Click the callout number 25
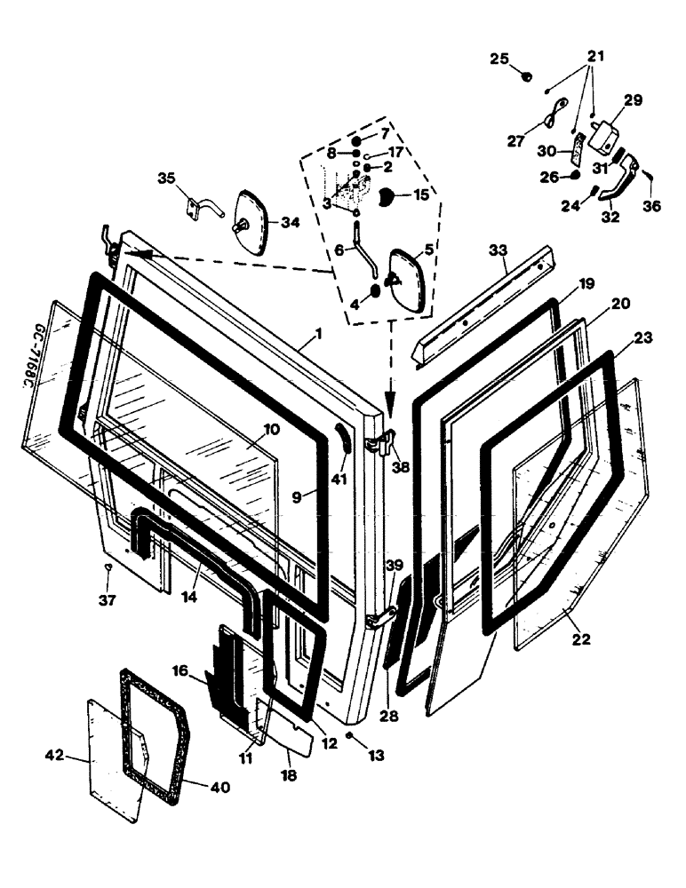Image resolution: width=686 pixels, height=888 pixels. (x=499, y=59)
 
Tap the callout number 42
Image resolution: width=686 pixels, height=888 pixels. (x=53, y=757)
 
